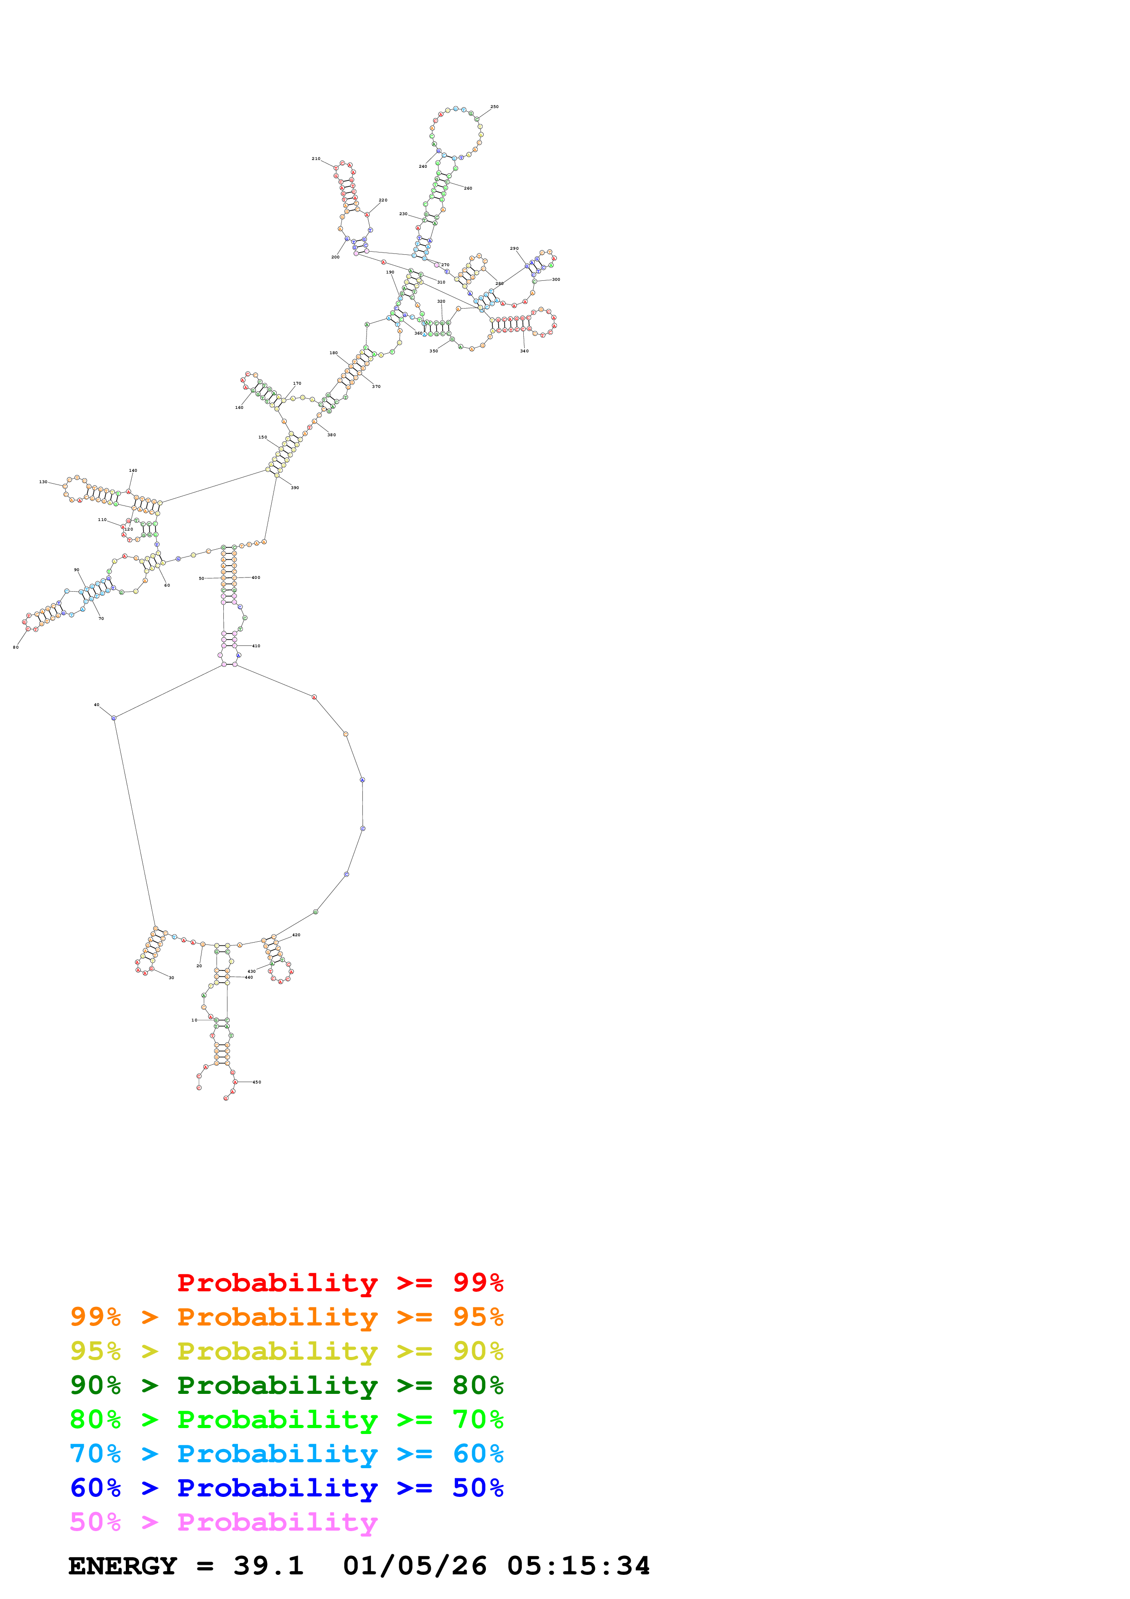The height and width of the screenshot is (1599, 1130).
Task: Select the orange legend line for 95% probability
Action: pyautogui.click(x=286, y=1317)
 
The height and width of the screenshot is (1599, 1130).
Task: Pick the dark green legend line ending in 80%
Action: pyautogui.click(x=286, y=1385)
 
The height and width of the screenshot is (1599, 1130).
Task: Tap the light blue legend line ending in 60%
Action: pyautogui.click(x=286, y=1454)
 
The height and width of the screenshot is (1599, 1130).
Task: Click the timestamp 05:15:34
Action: pyautogui.click(x=578, y=1566)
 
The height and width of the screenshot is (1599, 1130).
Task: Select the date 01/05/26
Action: pyautogui.click(x=414, y=1566)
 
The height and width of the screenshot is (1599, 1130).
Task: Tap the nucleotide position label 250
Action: pyautogui.click(x=494, y=107)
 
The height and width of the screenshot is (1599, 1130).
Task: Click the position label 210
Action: pyautogui.click(x=316, y=159)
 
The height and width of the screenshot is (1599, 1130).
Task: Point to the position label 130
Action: pyautogui.click(x=43, y=482)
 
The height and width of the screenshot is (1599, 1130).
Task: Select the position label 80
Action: pyautogui.click(x=16, y=647)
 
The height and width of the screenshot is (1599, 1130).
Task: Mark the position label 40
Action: pyautogui.click(x=97, y=705)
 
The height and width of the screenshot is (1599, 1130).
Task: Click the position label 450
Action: pyautogui.click(x=257, y=1082)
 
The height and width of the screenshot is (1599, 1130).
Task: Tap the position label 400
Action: pyautogui.click(x=256, y=578)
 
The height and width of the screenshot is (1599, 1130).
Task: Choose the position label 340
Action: pyautogui.click(x=524, y=351)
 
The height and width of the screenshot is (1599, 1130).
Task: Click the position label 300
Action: pyautogui.click(x=556, y=279)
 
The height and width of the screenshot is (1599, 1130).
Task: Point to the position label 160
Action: pyautogui.click(x=239, y=407)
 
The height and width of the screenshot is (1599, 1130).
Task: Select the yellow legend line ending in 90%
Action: pyautogui.click(x=286, y=1351)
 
